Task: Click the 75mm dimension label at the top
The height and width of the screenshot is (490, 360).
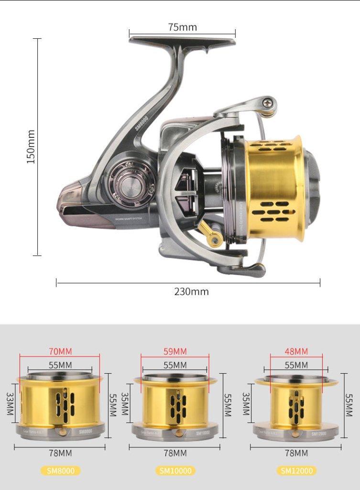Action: (x=182, y=27)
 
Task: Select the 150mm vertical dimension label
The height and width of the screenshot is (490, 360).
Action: (x=31, y=147)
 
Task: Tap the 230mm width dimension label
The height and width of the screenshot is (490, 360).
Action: (x=191, y=291)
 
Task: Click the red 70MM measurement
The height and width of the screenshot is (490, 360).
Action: (x=60, y=351)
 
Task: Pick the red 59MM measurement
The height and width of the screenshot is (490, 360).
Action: (x=175, y=351)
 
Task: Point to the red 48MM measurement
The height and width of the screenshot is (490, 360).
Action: (x=296, y=351)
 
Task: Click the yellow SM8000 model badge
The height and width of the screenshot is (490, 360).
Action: (x=60, y=470)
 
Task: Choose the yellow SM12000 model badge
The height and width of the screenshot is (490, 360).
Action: (x=296, y=470)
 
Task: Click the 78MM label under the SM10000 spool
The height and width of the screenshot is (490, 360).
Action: (x=175, y=453)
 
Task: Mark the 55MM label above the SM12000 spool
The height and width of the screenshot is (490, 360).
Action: (x=296, y=365)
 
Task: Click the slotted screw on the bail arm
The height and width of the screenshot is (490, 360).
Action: (x=269, y=102)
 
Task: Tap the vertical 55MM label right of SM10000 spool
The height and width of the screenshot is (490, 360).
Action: (x=228, y=405)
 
